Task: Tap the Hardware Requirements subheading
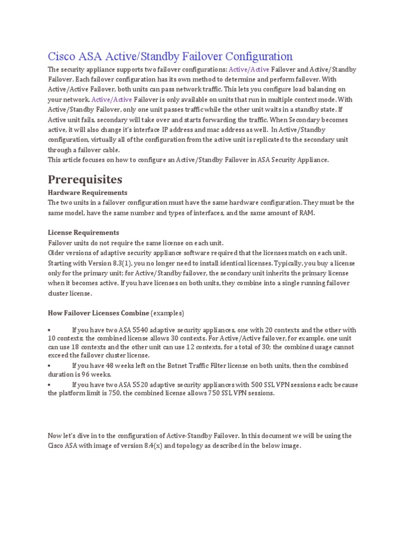tap(87, 193)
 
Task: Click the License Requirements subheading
tap(83, 233)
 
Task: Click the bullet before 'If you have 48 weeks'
tap(49, 366)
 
